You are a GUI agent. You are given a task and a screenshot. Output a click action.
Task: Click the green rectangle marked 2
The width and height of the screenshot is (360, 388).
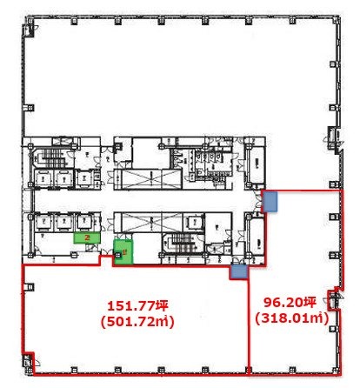pos(84,237)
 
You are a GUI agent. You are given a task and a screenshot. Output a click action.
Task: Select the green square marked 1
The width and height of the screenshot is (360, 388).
pos(124,250)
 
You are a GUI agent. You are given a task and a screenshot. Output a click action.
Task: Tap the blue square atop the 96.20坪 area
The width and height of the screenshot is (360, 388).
pos(271,202)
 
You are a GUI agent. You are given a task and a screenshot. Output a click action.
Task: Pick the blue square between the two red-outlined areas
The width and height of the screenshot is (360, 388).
pos(237,272)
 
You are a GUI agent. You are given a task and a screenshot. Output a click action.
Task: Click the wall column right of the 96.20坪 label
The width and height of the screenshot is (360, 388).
pos(330,297)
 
